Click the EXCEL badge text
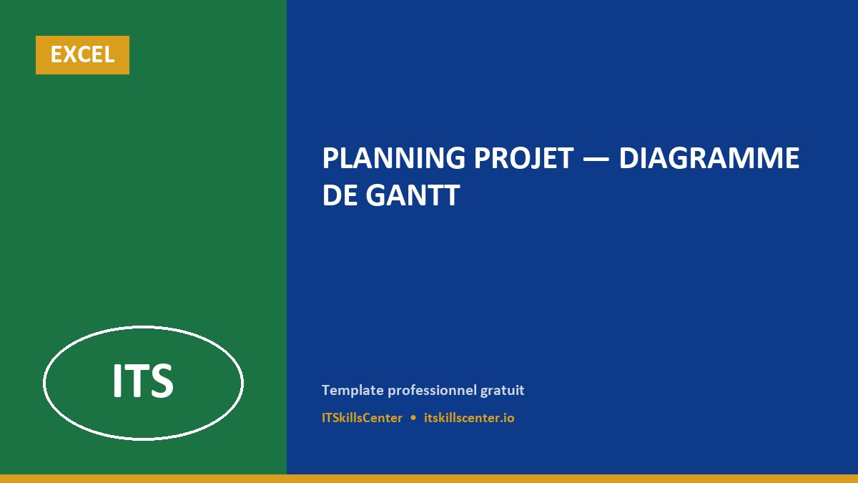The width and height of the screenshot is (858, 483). (82, 54)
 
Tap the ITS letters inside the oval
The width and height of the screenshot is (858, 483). (143, 380)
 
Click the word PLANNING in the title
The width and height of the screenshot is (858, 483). (393, 158)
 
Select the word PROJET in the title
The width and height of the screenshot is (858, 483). (523, 158)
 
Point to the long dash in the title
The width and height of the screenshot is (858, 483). (596, 159)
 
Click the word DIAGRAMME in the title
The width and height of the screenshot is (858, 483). (709, 158)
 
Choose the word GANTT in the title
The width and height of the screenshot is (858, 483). (413, 195)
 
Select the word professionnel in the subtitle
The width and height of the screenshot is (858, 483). (431, 391)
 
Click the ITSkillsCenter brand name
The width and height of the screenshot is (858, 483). (362, 418)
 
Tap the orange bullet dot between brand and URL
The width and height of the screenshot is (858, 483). (413, 418)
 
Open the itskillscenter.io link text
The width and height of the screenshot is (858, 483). (469, 418)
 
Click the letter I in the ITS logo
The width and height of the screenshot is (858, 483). (117, 380)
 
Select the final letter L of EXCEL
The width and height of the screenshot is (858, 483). (109, 54)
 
